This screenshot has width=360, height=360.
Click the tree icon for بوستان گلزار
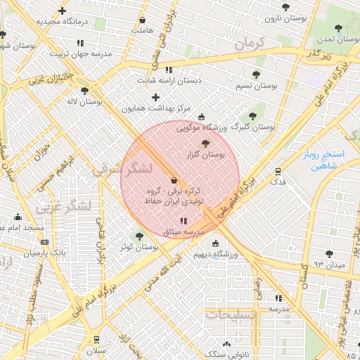tap(205, 143)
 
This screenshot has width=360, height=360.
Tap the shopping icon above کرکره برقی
tap(173, 180)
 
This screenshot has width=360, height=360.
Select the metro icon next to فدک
tap(278, 171)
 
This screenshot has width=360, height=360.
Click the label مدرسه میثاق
tap(183, 231)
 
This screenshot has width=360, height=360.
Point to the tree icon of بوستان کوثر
tap(139, 236)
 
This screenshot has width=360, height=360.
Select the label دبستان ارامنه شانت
tap(168, 80)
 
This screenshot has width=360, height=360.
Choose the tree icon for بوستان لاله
tap(84, 91)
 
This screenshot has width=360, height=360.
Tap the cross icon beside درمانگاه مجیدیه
tap(63, 11)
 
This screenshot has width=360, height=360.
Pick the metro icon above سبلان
tap(96, 340)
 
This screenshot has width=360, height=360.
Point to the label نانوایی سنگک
tap(226, 355)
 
